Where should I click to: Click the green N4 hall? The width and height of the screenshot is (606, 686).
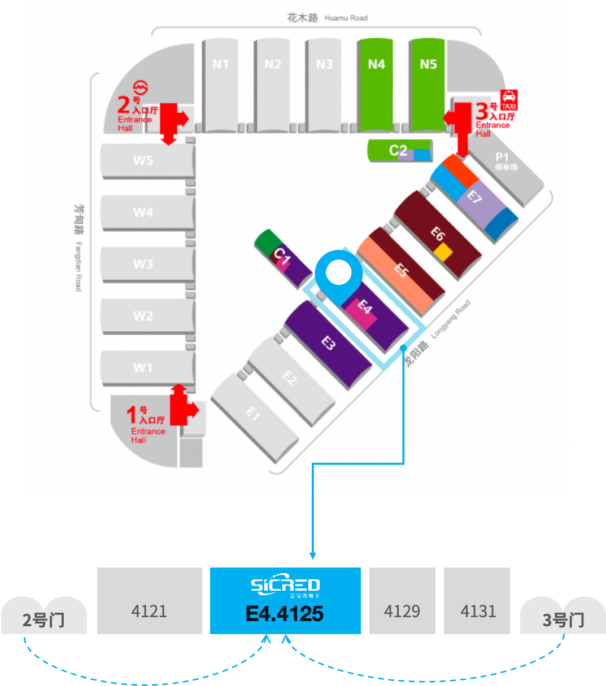tap(376, 85)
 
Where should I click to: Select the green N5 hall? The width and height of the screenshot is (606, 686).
tap(428, 85)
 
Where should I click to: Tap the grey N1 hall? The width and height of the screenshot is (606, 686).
tap(220, 85)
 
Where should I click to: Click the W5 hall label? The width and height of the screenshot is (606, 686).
tap(143, 161)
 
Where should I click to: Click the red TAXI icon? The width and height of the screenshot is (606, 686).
tap(509, 100)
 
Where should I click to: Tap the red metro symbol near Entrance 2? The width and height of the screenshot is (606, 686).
tap(141, 88)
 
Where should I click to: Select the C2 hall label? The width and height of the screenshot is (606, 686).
tap(398, 151)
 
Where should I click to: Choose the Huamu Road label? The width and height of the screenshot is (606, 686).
tap(346, 18)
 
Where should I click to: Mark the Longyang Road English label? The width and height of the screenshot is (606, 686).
tap(450, 319)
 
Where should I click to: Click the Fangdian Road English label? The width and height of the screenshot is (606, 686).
tap(79, 266)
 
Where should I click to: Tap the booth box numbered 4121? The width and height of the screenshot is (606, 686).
tap(149, 601)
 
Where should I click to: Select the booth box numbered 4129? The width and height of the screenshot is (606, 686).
tap(402, 601)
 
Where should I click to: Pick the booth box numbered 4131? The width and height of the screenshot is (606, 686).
tap(477, 601)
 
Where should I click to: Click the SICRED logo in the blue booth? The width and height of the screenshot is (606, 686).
tap(285, 586)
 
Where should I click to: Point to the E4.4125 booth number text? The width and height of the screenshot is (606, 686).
tap(285, 614)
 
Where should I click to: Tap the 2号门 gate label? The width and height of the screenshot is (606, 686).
tap(43, 619)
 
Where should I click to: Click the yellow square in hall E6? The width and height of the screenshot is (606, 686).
tap(443, 252)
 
